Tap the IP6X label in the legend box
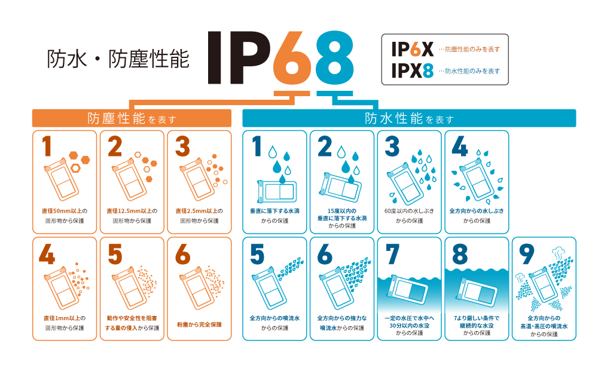(x=413, y=49)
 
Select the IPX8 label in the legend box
(x=413, y=71)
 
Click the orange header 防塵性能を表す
(x=132, y=118)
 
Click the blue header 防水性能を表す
(x=409, y=118)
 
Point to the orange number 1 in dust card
(x=47, y=146)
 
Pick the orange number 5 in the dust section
(x=115, y=254)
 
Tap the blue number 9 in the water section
(x=527, y=254)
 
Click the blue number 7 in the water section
(x=392, y=254)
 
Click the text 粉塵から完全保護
(x=199, y=324)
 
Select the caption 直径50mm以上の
(x=65, y=211)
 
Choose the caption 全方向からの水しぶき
(x=477, y=211)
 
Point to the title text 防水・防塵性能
(x=118, y=59)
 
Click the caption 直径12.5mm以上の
(x=132, y=211)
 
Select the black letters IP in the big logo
(x=239, y=57)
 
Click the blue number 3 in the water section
(x=392, y=146)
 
